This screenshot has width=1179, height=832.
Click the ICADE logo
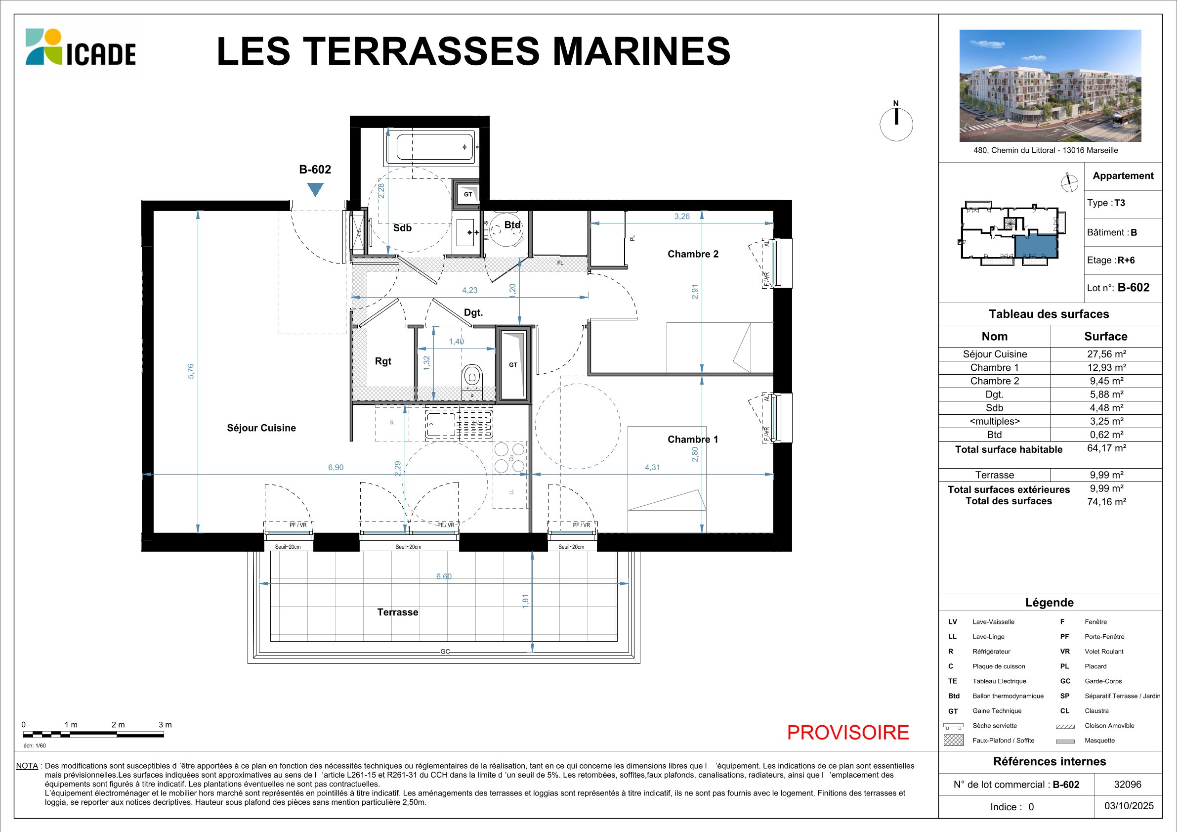pos(81,47)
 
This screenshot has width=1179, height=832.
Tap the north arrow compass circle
pos(896,124)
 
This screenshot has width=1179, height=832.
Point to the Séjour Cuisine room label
pos(261,428)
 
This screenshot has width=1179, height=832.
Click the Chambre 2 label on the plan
pos(693,254)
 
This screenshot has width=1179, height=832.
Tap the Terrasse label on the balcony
pos(397,612)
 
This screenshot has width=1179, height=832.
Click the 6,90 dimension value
pos(336,467)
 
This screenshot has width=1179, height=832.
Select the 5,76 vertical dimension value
pos(191,371)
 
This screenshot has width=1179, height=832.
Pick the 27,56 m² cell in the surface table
pos(1106,354)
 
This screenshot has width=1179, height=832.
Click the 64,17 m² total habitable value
pos(1106,448)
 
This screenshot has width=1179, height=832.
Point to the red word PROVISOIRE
pos(848,732)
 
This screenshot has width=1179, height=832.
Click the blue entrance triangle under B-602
pos(315,189)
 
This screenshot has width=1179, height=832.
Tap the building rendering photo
pos(1050,85)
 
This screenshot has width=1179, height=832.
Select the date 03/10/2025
pos(1129,806)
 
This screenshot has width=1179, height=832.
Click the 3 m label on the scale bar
pos(165,725)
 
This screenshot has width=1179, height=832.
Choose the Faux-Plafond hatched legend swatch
pos(953,740)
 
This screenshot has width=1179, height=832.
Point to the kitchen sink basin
pos(441,425)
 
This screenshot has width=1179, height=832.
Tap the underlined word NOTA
pos(27,766)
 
